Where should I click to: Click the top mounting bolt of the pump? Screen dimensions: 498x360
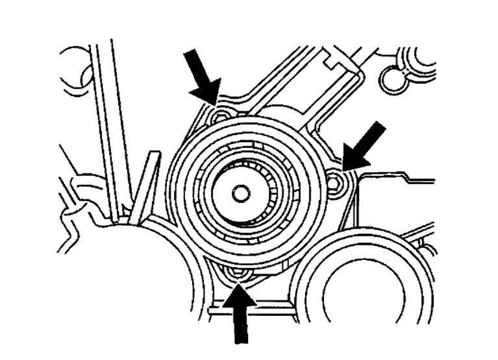pyautogui.click(x=219, y=116)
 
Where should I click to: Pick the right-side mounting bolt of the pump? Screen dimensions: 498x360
pyautogui.click(x=335, y=184)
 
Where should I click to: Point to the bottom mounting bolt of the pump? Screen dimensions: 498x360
pyautogui.click(x=237, y=273)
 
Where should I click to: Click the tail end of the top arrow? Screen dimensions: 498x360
pyautogui.click(x=190, y=56)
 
